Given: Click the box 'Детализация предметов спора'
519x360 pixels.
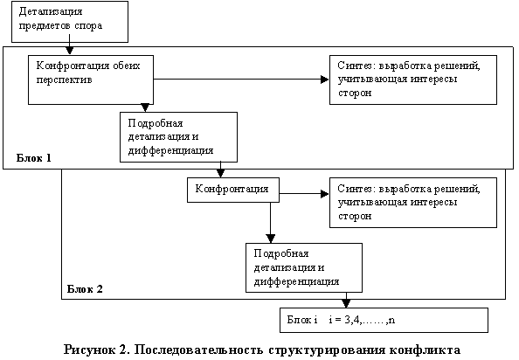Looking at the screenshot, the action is pos(70,22).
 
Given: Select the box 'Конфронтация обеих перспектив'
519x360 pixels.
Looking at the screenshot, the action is pos(91,80).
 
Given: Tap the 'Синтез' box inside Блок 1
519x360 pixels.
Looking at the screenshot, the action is pos(413,80).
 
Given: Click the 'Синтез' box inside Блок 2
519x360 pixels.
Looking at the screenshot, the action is pos(413,203).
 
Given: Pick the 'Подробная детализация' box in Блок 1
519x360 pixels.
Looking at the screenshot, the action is pos(179,137).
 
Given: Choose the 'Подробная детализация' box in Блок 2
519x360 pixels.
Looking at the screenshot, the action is pos(304,267).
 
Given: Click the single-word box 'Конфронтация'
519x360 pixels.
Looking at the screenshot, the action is pos(233,190).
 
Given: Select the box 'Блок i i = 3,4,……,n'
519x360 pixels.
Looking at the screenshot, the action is pos(384,320).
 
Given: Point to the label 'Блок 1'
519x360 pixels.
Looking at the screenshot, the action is pos(34,158).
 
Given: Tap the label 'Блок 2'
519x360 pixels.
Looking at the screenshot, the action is pos(85,289).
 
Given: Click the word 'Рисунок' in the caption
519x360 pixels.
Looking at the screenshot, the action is pos(85,350).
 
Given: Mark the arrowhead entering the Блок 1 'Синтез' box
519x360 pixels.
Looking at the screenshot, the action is pos(325,80).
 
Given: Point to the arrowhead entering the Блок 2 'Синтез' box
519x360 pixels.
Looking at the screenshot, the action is pos(325,194).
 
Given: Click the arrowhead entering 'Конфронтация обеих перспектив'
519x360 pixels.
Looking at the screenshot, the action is pos(69,51).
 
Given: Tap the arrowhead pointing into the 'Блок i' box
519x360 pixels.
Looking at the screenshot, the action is pos(346,303).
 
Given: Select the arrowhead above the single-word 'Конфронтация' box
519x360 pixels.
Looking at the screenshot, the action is pos(220,173).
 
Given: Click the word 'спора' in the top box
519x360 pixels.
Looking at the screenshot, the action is pos(88,26).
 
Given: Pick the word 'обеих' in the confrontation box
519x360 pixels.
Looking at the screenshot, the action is pos(127,66).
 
